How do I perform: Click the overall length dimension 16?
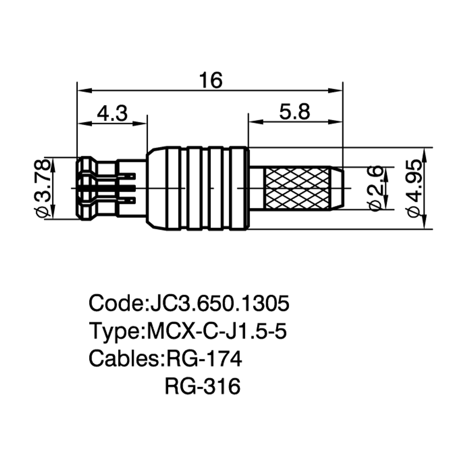pyautogui.click(x=211, y=80)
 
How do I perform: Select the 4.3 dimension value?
pyautogui.click(x=113, y=113)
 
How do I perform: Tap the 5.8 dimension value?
pyautogui.click(x=295, y=112)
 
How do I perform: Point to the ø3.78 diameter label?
pyautogui.click(x=41, y=188)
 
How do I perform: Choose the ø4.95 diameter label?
pyautogui.click(x=414, y=188)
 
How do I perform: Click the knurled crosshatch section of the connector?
pyautogui.click(x=297, y=188)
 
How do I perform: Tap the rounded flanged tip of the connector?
pyautogui.click(x=86, y=188)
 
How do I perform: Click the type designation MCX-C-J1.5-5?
pyautogui.click(x=217, y=331)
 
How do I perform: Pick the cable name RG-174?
pyautogui.click(x=204, y=359)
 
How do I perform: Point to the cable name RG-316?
pyautogui.click(x=203, y=386)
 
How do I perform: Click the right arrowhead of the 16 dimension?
pyautogui.click(x=335, y=90)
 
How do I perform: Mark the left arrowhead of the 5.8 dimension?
pyautogui.click(x=256, y=121)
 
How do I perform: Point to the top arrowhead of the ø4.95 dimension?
pyautogui.click(x=425, y=155)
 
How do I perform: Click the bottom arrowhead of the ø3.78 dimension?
pyautogui.click(x=53, y=212)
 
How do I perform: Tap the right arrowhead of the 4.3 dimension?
pyautogui.click(x=139, y=123)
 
